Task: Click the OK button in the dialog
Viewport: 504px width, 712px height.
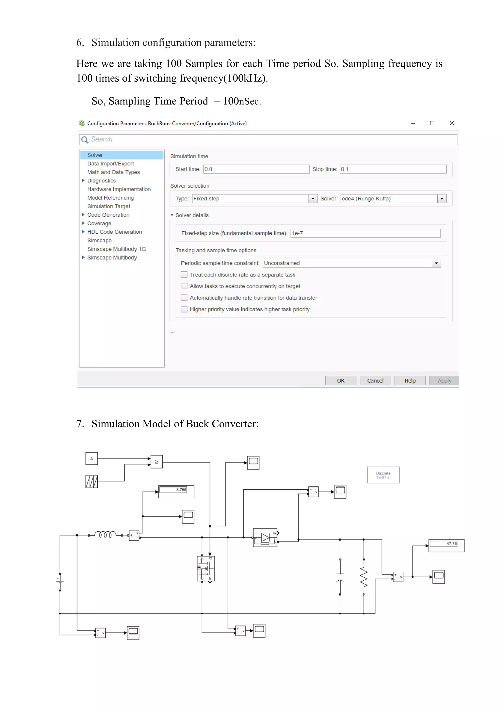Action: click(340, 381)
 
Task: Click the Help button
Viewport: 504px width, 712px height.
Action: click(410, 381)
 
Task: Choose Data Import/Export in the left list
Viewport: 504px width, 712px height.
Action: click(110, 163)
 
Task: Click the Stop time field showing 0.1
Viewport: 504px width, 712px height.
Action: click(393, 169)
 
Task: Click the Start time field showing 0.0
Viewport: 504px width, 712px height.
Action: click(256, 169)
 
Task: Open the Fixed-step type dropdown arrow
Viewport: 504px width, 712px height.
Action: click(313, 198)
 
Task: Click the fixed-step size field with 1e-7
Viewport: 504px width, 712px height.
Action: click(365, 233)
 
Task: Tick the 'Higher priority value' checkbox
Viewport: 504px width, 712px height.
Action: click(184, 309)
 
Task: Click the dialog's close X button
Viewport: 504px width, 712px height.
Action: click(452, 123)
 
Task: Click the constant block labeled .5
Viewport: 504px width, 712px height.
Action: click(92, 458)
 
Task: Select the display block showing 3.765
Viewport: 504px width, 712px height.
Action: click(176, 491)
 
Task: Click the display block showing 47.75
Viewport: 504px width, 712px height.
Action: click(446, 546)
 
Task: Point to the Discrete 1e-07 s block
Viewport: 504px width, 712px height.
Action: click(383, 475)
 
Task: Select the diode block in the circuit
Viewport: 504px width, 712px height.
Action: click(265, 538)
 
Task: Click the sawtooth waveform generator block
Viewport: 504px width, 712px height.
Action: click(92, 482)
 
